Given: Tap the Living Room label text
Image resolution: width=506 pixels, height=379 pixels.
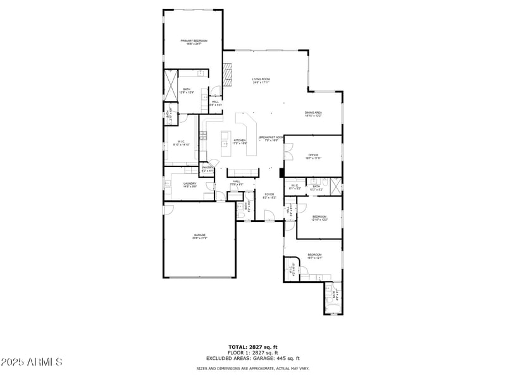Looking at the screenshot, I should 261,80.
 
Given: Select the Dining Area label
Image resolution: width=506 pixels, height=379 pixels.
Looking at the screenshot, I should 313,114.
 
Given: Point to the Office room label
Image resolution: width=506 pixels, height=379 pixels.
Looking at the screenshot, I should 312,156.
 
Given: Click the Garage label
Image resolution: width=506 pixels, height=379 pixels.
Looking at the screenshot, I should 200,236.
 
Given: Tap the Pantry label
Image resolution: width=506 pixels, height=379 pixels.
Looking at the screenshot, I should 207,169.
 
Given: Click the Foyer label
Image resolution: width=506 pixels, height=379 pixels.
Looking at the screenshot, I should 269,196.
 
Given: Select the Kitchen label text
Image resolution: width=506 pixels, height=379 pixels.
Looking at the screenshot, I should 240,142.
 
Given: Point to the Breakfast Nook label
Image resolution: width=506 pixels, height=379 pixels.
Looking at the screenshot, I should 271,139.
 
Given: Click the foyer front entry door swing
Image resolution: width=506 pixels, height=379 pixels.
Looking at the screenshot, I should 269,218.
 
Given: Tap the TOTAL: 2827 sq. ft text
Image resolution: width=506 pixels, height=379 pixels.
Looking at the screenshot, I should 253,347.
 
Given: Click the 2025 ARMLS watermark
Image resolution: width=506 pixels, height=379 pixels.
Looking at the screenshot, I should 32,363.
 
